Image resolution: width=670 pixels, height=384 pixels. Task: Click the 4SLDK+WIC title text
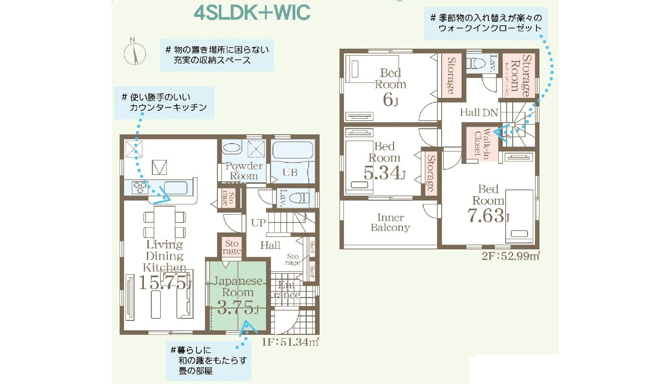click(x=252, y=13)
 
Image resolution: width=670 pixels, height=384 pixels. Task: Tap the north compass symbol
click(x=134, y=52)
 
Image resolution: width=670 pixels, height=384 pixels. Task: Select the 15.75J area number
click(x=164, y=282)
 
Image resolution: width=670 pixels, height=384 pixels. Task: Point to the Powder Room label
click(x=244, y=170)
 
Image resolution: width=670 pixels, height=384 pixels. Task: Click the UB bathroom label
click(x=290, y=172)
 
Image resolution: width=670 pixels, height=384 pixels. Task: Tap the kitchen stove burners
click(x=140, y=187)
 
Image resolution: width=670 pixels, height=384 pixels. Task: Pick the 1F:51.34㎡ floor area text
click(x=290, y=341)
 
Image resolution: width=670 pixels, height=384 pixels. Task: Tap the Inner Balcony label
click(x=391, y=223)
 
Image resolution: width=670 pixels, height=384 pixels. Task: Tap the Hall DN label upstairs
click(x=478, y=112)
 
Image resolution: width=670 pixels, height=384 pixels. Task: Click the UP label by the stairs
click(x=258, y=223)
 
